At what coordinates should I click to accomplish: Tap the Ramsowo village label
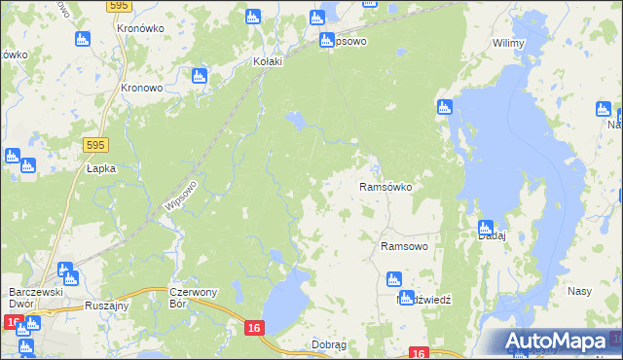[404, 247]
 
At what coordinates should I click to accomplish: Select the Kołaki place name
[267, 61]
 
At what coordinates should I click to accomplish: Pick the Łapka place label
[100, 167]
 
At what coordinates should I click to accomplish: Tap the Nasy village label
[580, 291]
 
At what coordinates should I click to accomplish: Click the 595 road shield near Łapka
[94, 145]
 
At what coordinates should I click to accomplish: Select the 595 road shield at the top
[119, 5]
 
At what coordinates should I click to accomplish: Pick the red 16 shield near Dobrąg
[253, 329]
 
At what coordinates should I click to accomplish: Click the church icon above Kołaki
[253, 17]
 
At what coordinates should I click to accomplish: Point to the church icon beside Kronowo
[200, 75]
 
